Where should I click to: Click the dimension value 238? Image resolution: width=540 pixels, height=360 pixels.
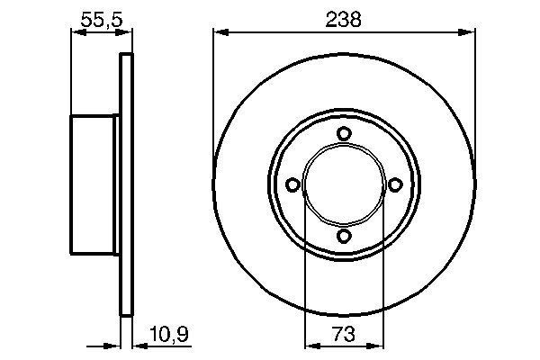click(343, 17)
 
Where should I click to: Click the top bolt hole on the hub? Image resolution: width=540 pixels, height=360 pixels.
click(343, 133)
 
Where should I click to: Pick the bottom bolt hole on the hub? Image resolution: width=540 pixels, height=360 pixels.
click(343, 236)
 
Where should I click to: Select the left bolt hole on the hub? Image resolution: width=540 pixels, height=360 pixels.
click(292, 184)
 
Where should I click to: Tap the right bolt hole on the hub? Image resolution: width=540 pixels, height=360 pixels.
click(394, 184)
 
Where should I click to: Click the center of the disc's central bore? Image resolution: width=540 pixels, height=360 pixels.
click(343, 184)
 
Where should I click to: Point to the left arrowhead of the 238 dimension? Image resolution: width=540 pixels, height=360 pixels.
click(219, 34)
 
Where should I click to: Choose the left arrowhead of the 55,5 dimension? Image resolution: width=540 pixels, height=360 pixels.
click(76, 34)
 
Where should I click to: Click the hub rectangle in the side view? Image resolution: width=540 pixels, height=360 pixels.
click(94, 184)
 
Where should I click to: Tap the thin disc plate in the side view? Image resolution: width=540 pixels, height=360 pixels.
click(126, 184)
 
